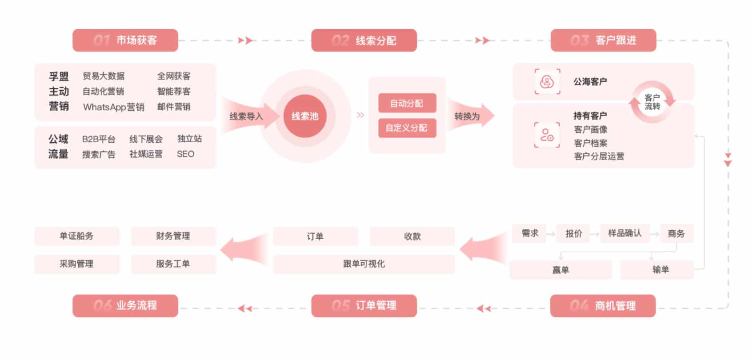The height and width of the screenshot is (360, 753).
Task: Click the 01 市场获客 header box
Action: (125, 40)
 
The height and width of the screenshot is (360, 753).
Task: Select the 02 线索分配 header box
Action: (364, 40)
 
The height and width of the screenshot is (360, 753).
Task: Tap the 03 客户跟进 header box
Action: (603, 40)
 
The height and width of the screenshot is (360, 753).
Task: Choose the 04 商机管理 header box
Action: (603, 306)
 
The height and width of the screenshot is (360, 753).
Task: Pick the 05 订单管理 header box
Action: (364, 306)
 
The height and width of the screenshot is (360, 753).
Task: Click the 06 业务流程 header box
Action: (125, 306)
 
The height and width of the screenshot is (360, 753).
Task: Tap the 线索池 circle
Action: (305, 116)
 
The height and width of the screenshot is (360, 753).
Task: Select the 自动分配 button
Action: (407, 104)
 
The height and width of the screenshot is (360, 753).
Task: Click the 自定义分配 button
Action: (407, 128)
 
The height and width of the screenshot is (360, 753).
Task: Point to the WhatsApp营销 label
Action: (113, 107)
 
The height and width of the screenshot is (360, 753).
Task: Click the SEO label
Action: (185, 154)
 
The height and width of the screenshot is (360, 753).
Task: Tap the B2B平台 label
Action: (99, 139)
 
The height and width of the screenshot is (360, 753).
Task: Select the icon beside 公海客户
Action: (547, 82)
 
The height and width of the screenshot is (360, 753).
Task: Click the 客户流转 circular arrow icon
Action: (652, 102)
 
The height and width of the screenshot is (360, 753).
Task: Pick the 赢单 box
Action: (561, 270)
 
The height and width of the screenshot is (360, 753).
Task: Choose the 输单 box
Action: (661, 270)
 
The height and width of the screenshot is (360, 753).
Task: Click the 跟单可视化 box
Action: (364, 264)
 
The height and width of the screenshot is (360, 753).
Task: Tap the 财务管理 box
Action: (173, 236)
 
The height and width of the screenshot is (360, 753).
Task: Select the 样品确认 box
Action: (625, 233)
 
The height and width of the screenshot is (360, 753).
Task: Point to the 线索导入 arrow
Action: (247, 116)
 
